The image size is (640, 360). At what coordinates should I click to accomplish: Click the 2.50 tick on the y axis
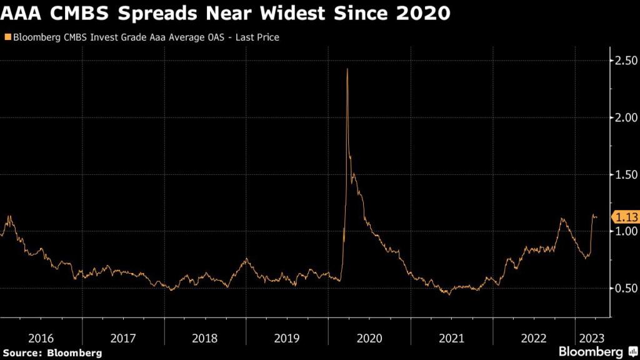[x=626, y=61]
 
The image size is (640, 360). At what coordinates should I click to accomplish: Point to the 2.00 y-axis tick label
[x=626, y=117]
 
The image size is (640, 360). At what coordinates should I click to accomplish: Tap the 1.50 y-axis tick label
[x=626, y=174]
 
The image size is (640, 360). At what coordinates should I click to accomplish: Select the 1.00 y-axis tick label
[x=626, y=231]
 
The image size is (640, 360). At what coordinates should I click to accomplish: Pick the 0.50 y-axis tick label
[x=626, y=288]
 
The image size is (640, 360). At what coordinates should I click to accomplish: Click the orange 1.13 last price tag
[x=626, y=217]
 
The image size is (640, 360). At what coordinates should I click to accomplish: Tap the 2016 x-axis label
[x=41, y=338]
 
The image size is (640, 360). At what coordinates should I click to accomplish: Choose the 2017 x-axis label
[x=123, y=338]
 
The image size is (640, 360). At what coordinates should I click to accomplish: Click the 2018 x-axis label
[x=205, y=338]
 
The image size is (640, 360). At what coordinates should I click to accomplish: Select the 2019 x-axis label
[x=287, y=338]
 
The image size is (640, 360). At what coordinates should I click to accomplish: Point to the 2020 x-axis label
[x=369, y=338]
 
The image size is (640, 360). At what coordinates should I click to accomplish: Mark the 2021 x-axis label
[x=451, y=338]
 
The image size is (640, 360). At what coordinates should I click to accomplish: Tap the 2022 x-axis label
[x=533, y=338]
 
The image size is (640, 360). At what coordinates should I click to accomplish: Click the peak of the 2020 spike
[x=347, y=68]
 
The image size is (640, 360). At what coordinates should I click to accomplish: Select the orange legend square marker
[x=7, y=37]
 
